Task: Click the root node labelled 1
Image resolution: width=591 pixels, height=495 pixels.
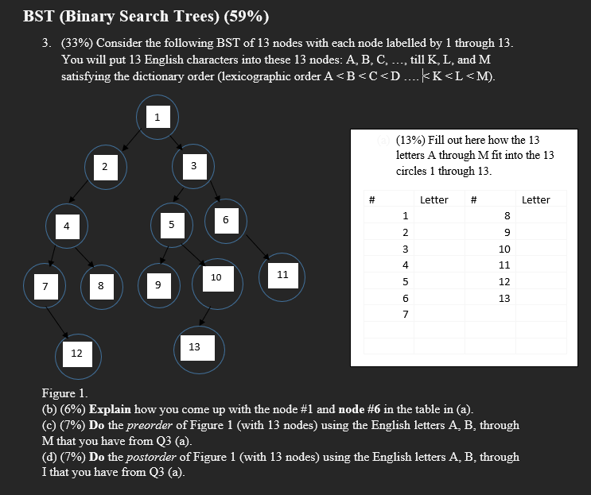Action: point(157,118)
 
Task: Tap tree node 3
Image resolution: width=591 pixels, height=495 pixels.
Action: point(193,165)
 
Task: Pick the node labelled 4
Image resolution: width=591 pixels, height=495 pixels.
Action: point(67,226)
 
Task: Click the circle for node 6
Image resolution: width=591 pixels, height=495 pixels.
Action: point(226,218)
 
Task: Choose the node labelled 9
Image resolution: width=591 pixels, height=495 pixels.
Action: point(157,284)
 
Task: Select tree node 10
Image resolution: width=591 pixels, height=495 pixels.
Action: point(216,277)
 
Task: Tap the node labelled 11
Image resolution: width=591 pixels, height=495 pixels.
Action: point(282,275)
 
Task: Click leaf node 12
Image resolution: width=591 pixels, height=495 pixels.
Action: point(76,353)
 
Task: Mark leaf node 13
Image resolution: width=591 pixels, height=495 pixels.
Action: point(195,347)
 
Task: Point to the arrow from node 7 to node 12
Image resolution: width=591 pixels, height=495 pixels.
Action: point(58,318)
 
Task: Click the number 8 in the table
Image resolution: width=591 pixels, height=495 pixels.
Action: point(506,215)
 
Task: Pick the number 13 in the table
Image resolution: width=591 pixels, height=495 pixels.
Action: point(504,299)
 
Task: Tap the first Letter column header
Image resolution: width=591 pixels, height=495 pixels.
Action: point(434,199)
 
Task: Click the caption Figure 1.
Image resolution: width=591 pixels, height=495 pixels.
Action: point(65,393)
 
